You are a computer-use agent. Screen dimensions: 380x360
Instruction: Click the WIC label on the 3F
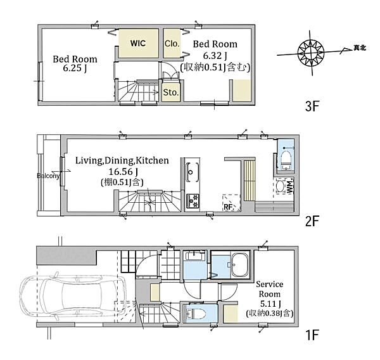(138, 43)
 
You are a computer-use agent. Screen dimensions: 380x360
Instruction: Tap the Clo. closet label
(172, 44)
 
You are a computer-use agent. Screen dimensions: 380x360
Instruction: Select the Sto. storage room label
(171, 92)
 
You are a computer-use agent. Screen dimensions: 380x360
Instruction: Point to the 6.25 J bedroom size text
(75, 68)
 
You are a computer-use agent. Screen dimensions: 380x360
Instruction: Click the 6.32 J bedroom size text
(215, 56)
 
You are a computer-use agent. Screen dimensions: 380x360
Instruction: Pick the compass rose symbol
(311, 53)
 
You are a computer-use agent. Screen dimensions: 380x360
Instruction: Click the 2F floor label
(312, 221)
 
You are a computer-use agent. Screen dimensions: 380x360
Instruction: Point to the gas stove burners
(193, 201)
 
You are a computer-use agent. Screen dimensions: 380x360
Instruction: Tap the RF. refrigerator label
(229, 207)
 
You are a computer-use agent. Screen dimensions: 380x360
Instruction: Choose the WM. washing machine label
(289, 187)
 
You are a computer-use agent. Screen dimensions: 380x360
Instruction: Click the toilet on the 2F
(286, 161)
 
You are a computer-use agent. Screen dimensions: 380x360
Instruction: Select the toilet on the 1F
(196, 314)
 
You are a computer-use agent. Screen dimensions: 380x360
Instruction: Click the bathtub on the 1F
(241, 265)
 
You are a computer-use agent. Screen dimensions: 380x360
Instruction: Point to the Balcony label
(48, 176)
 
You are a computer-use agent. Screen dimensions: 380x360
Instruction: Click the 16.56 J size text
(123, 172)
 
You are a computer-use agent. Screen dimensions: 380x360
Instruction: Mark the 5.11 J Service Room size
(270, 304)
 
